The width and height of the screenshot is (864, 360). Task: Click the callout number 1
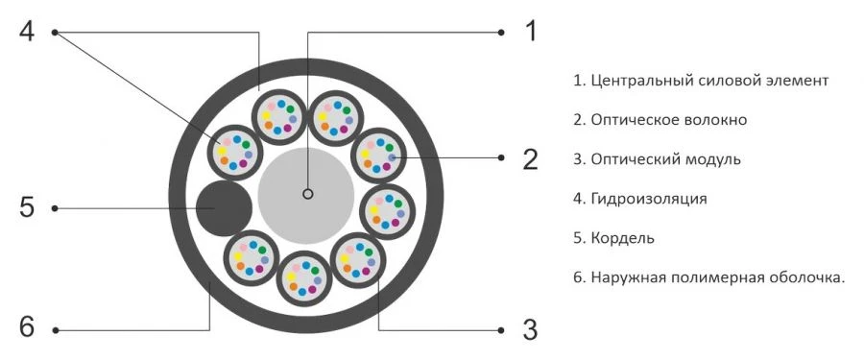[529, 31]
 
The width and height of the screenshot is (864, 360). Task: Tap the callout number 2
[530, 158]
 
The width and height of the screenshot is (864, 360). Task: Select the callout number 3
[530, 329]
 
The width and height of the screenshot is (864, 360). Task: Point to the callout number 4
[27, 31]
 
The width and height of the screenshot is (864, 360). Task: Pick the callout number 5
[27, 207]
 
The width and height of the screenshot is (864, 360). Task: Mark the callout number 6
[27, 328]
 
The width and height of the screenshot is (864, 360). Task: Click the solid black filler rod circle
[224, 207]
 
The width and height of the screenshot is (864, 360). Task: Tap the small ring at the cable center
[307, 194]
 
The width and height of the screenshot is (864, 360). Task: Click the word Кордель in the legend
[621, 237]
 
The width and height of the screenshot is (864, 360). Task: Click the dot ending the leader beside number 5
[55, 208]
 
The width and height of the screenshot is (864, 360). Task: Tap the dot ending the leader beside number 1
[501, 32]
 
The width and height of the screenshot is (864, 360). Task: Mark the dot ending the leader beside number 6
[55, 330]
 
